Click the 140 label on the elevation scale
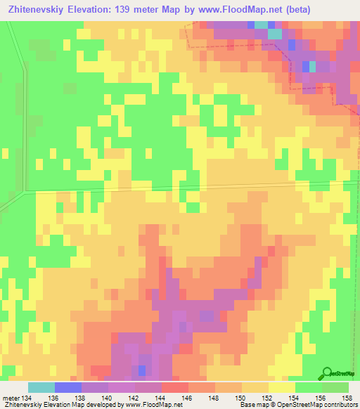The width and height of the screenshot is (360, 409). pos(108,398)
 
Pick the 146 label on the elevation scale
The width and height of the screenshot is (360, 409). pos(187,398)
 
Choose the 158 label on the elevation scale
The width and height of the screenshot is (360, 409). pos(346,398)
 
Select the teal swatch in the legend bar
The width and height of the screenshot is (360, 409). pos(41,387)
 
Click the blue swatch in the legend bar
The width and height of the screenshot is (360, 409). pos(68,387)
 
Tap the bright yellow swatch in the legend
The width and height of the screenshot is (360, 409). pos(281,387)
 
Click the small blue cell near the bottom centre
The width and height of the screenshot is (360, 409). pos(143,370)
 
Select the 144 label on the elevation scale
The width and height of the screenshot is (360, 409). pos(160,398)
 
